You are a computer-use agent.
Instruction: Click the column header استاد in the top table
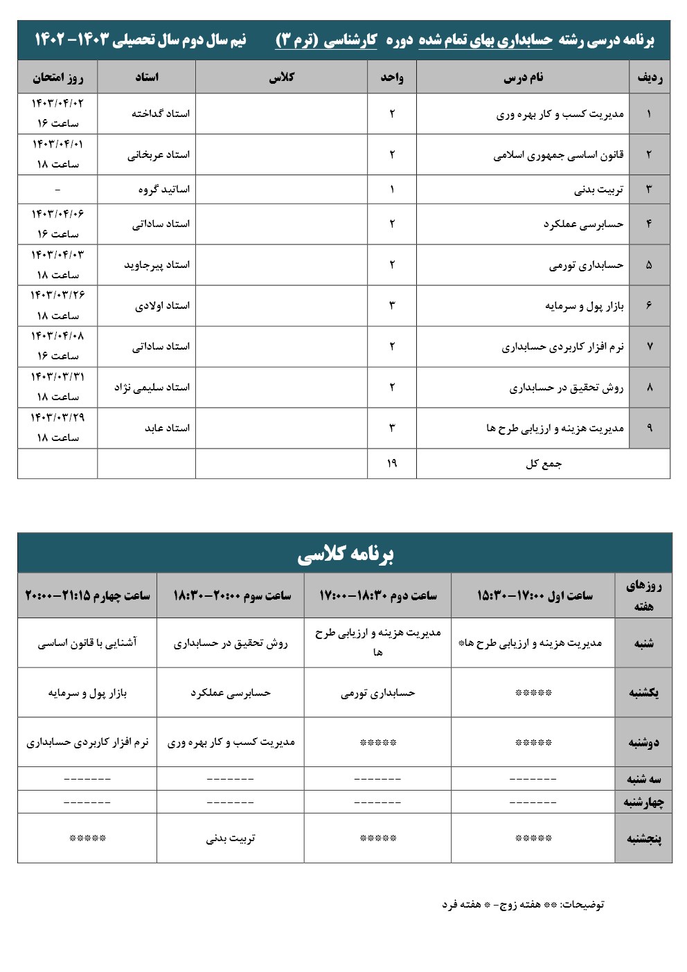pos(147,77)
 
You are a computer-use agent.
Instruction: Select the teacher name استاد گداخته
pos(161,114)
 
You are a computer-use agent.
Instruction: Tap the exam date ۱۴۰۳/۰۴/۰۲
pos(57,103)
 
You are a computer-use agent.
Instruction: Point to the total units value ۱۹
pos(392,463)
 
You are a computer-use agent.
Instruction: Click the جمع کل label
pos(544,463)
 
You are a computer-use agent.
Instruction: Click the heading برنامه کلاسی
pos(345,554)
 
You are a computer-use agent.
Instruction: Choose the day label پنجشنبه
pos(644,838)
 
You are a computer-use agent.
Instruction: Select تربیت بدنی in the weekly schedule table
pos(231,838)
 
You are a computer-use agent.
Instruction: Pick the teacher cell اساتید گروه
pos(164,189)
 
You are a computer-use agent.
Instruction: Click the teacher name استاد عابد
pos(167,428)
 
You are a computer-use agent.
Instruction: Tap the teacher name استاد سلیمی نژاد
pos(152,387)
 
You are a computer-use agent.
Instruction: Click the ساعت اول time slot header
pos(535,595)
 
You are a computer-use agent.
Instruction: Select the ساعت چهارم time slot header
pos(88,595)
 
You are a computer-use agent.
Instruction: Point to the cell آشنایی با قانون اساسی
pos(87,643)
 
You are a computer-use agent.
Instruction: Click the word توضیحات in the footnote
pos(582,904)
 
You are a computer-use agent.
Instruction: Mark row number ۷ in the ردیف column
pos(649,346)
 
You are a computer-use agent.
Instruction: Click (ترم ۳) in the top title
pos(296,40)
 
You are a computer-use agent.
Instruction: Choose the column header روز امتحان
pos(57,77)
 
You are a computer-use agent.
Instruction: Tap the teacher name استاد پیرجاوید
pos(157,264)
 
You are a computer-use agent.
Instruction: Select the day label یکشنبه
pos(644,692)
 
